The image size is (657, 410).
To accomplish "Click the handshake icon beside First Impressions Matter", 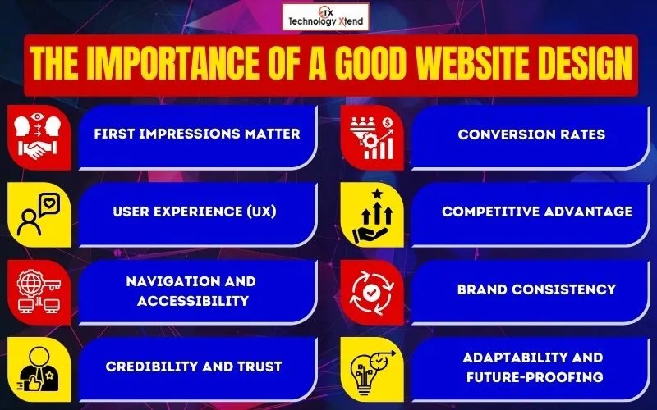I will pyautogui.click(x=34, y=149).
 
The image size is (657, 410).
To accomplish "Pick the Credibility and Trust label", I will pyautogui.click(x=194, y=367).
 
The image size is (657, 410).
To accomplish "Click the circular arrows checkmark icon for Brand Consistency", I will pyautogui.click(x=374, y=290).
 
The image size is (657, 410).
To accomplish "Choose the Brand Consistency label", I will pyautogui.click(x=536, y=289).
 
